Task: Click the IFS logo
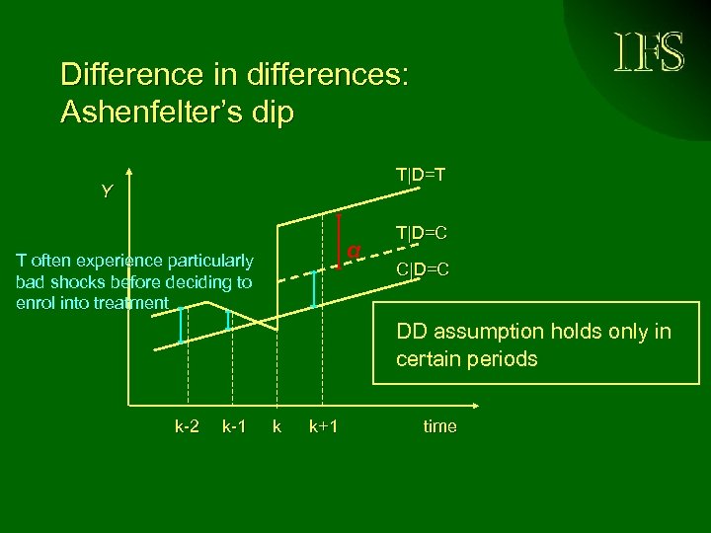[650, 52]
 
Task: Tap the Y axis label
[107, 191]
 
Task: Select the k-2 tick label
[188, 426]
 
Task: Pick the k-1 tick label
[234, 426]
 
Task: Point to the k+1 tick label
[323, 426]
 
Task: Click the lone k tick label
[276, 426]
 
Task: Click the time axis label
[439, 426]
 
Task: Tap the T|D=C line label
[423, 233]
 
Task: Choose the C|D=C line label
[423, 268]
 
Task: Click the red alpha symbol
[353, 251]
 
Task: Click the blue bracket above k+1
[314, 289]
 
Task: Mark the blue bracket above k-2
[181, 325]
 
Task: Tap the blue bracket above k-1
[228, 320]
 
